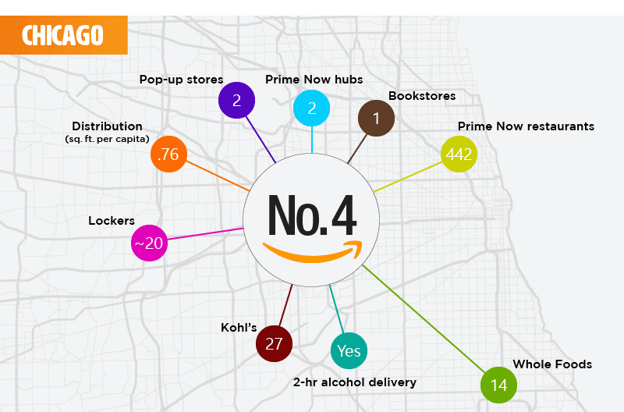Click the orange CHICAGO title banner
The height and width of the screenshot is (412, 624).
pyautogui.click(x=63, y=35)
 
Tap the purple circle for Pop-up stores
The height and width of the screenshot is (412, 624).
pyautogui.click(x=236, y=100)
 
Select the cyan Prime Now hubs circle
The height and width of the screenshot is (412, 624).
pyautogui.click(x=311, y=108)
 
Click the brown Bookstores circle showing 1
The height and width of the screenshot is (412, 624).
pyautogui.click(x=376, y=119)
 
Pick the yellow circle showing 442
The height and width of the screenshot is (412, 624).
pyautogui.click(x=458, y=154)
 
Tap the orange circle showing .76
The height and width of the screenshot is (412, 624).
pyautogui.click(x=168, y=154)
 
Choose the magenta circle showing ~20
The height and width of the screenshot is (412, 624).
pyautogui.click(x=149, y=243)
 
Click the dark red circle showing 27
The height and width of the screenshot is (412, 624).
pyautogui.click(x=274, y=344)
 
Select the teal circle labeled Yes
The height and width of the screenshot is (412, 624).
pyautogui.click(x=349, y=351)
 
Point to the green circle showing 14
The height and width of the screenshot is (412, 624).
pyautogui.click(x=499, y=385)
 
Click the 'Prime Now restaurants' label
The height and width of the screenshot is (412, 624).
pyautogui.click(x=526, y=126)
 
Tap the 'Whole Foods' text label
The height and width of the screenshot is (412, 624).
pyautogui.click(x=552, y=364)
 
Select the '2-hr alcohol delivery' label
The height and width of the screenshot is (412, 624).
pyautogui.click(x=355, y=382)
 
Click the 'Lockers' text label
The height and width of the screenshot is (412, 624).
pyautogui.click(x=112, y=221)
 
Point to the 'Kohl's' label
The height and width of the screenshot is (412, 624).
pyautogui.click(x=239, y=327)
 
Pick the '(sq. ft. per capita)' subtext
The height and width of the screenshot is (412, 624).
pyautogui.click(x=107, y=139)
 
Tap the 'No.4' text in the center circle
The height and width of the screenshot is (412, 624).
pyautogui.click(x=311, y=214)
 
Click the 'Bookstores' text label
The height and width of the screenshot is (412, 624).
pyautogui.click(x=422, y=96)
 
